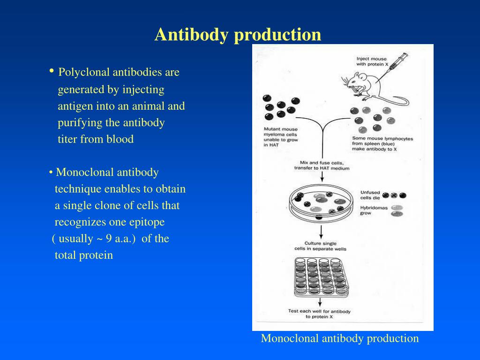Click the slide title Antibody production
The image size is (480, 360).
[x=238, y=35]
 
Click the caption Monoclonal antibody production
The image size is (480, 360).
[x=340, y=338]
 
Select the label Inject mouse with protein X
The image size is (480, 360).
[x=372, y=62]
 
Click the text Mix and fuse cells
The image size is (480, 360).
[x=322, y=165]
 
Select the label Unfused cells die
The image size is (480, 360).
[x=370, y=195]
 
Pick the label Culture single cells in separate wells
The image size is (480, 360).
[x=320, y=246]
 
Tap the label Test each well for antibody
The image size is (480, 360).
[x=319, y=314]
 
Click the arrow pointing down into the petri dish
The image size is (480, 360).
[x=322, y=176]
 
